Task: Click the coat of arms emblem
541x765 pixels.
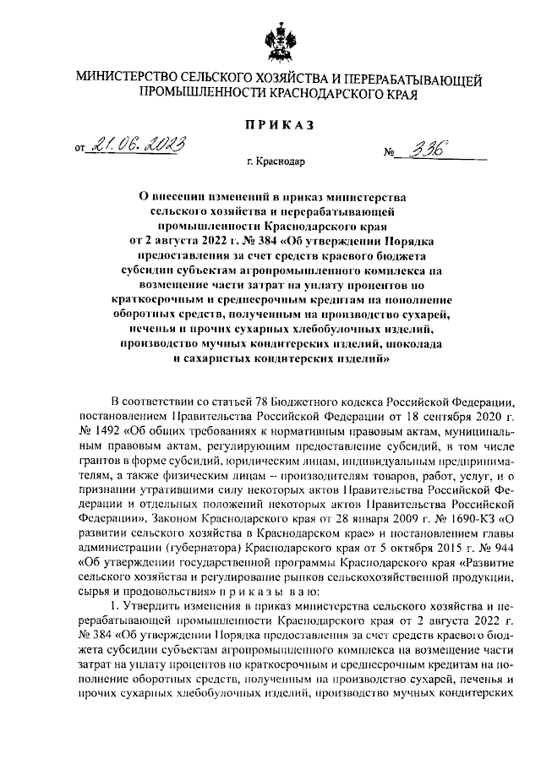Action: click(278, 36)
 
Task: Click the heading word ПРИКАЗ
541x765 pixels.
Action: click(279, 125)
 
